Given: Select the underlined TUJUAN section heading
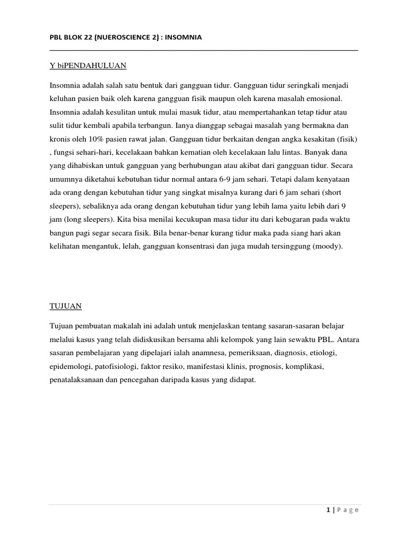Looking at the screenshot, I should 65,307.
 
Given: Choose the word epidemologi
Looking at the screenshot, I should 71,367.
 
